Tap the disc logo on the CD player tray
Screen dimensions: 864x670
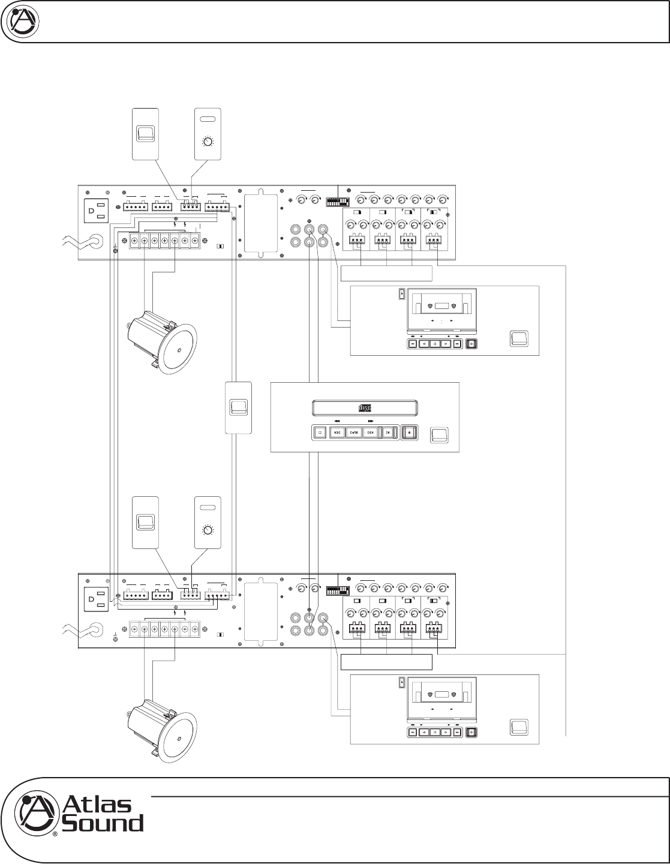coord(365,409)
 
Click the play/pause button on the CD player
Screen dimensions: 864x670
coord(353,432)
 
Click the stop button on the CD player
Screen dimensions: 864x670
coord(320,432)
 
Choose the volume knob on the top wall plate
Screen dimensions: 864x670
coord(208,143)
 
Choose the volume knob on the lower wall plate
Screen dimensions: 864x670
coord(208,531)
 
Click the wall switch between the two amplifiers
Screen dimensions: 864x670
coord(238,407)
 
